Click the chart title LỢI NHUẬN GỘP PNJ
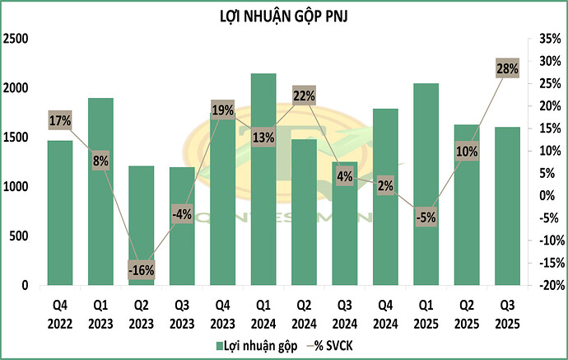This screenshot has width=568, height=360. (x=283, y=16)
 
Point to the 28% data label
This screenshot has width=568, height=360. (x=508, y=69)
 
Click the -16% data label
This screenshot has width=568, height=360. (x=141, y=269)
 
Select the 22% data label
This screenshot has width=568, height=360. (x=304, y=96)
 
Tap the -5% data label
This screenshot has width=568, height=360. (x=426, y=218)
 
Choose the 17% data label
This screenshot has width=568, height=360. (x=59, y=120)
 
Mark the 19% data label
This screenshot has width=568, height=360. (x=222, y=110)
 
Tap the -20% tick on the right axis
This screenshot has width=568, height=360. (x=547, y=286)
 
